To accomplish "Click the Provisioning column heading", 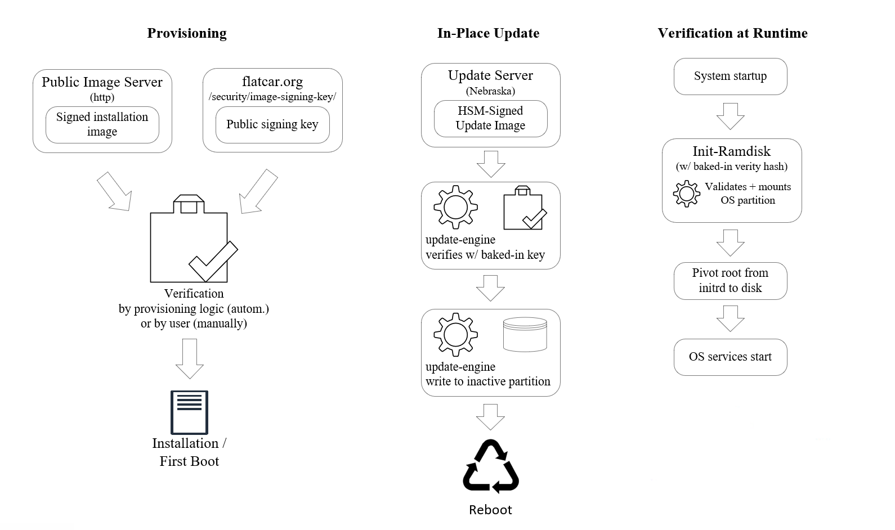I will click(x=187, y=33).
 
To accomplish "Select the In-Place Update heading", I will click(x=488, y=33).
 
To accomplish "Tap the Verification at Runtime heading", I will click(x=732, y=33).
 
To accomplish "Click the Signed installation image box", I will click(x=102, y=124).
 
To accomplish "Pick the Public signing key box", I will click(x=272, y=124).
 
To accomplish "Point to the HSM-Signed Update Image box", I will click(x=490, y=118).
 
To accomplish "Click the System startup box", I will click(x=730, y=76).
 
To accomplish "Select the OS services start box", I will click(x=730, y=357).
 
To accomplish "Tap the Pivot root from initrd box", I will click(x=730, y=280).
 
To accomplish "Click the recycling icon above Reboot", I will click(x=490, y=466).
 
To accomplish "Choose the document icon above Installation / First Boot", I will click(x=189, y=412).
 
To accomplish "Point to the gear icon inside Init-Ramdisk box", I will click(x=686, y=194).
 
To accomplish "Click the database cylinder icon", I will click(x=525, y=335).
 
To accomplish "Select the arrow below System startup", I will click(x=730, y=116).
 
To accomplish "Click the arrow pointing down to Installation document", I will click(x=190, y=358).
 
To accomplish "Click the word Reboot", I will click(x=490, y=510).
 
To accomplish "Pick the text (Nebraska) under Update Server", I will click(x=490, y=91).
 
